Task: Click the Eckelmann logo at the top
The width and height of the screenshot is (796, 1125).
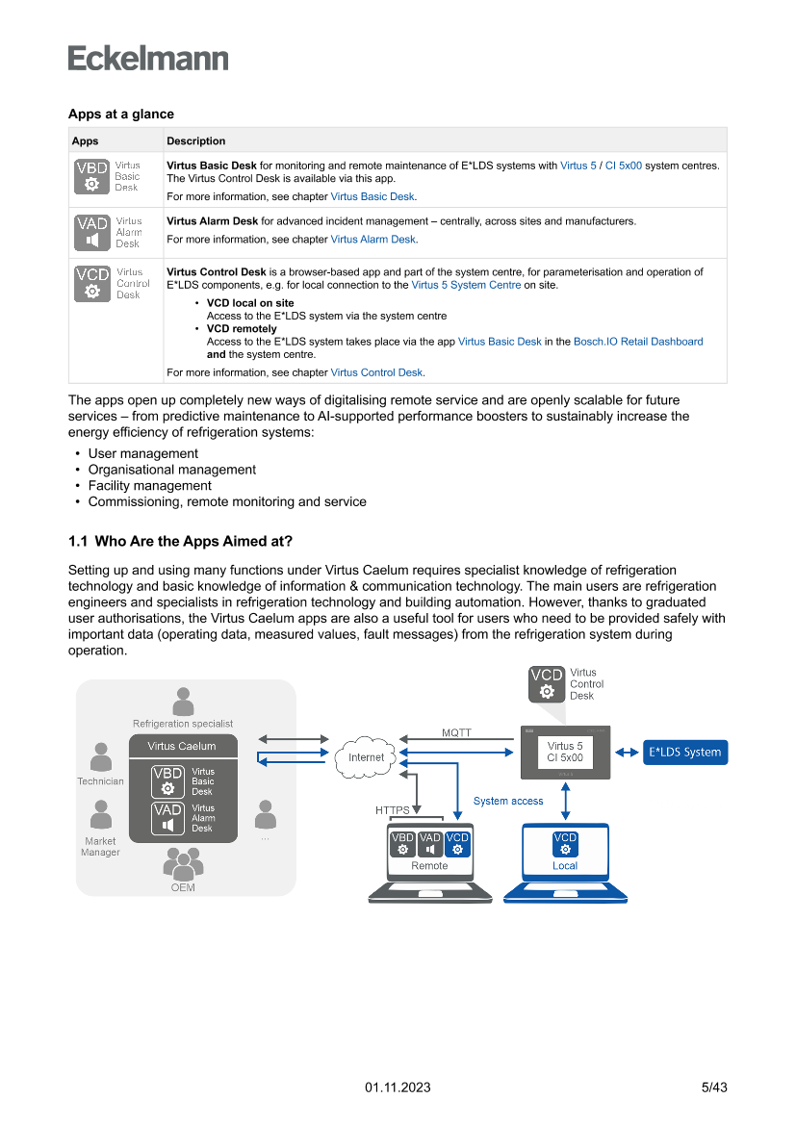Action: point(148,59)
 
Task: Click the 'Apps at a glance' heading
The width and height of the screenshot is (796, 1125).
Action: point(120,115)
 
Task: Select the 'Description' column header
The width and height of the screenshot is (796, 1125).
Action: point(195,141)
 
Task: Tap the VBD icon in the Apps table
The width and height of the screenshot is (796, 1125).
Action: point(91,176)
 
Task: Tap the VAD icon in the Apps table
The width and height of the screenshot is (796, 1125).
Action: point(91,232)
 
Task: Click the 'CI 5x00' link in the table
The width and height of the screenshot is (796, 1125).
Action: point(623,166)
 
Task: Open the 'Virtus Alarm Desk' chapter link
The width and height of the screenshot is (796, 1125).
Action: point(373,240)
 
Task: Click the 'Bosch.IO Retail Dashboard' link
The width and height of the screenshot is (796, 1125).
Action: point(638,342)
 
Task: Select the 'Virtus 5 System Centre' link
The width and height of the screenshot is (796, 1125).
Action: point(466,285)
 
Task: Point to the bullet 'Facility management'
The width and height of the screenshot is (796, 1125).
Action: point(149,486)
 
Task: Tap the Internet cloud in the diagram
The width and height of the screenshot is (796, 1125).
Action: point(366,756)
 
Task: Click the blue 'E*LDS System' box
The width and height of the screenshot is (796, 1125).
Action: point(685,752)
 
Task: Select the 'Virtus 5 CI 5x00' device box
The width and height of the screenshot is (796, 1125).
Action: point(565,752)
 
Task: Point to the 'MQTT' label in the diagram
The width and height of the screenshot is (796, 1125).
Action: point(456,732)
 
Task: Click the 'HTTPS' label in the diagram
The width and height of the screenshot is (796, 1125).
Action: point(393,810)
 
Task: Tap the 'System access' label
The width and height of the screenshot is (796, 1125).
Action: point(508,801)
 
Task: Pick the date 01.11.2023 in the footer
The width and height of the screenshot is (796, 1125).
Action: point(398,1087)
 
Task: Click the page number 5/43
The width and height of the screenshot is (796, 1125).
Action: point(713,1087)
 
